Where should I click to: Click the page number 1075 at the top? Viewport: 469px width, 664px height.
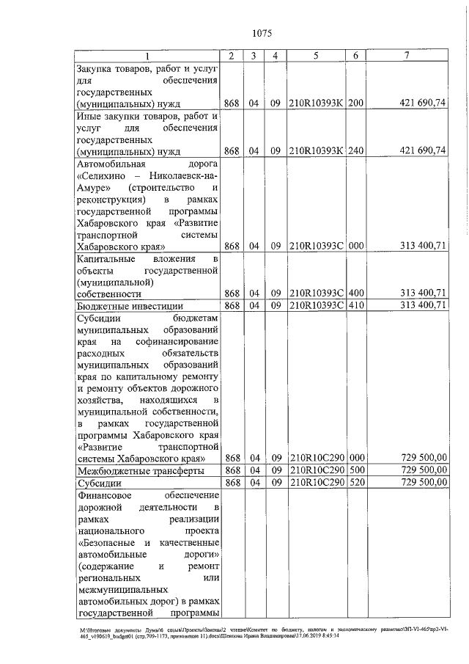261,33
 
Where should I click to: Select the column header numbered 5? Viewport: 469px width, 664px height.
316,56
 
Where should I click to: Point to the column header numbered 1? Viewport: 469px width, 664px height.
148,56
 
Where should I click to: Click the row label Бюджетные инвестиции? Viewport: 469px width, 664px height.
125,305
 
